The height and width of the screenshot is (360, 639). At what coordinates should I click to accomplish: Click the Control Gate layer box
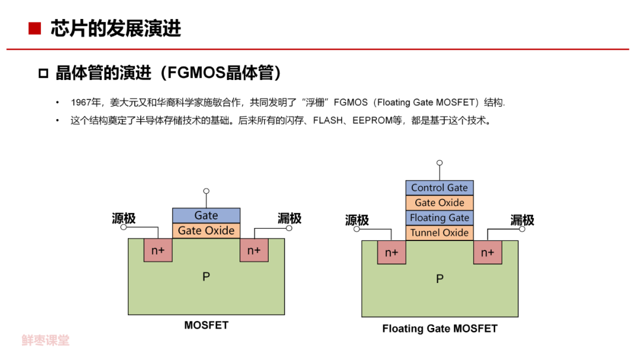pos(440,188)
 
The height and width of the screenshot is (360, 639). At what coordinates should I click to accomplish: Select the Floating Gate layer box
pos(440,217)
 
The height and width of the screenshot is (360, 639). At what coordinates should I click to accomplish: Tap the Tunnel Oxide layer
pos(440,233)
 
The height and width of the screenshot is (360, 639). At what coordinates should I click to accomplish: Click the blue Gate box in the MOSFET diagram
pos(206,216)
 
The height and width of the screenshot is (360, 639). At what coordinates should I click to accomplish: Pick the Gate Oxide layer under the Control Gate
pos(440,202)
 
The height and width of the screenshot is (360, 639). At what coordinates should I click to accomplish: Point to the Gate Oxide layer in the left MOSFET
pos(206,230)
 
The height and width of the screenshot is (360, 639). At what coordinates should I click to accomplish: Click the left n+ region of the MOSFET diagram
pos(158,250)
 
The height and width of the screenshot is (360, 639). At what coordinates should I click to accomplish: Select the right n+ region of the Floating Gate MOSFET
pos(487,253)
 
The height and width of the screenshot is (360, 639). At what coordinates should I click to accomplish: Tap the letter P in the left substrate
pos(206,277)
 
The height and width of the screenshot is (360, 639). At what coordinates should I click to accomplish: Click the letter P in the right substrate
pos(440,279)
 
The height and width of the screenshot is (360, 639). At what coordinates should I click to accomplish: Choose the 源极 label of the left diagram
pos(124,218)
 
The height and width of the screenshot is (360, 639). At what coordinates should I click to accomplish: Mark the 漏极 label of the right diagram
pos(522,220)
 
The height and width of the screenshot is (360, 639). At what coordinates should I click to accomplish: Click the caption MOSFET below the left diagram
pos(206,325)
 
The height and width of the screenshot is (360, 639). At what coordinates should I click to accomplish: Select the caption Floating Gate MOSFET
pos(440,328)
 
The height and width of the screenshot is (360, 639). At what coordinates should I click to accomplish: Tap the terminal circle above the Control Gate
pos(439,163)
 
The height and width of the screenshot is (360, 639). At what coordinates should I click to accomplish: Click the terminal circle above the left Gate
pos(206,191)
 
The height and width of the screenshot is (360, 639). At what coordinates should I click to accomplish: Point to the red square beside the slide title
pos(35,28)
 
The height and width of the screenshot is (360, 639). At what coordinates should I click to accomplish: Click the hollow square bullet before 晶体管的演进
pos(43,73)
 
